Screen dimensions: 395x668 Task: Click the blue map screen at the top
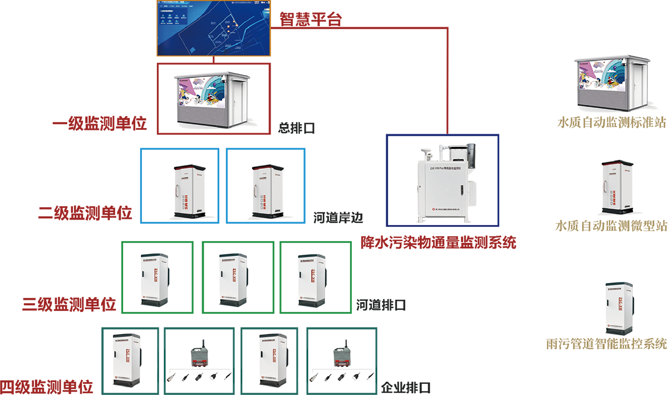(213, 28)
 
